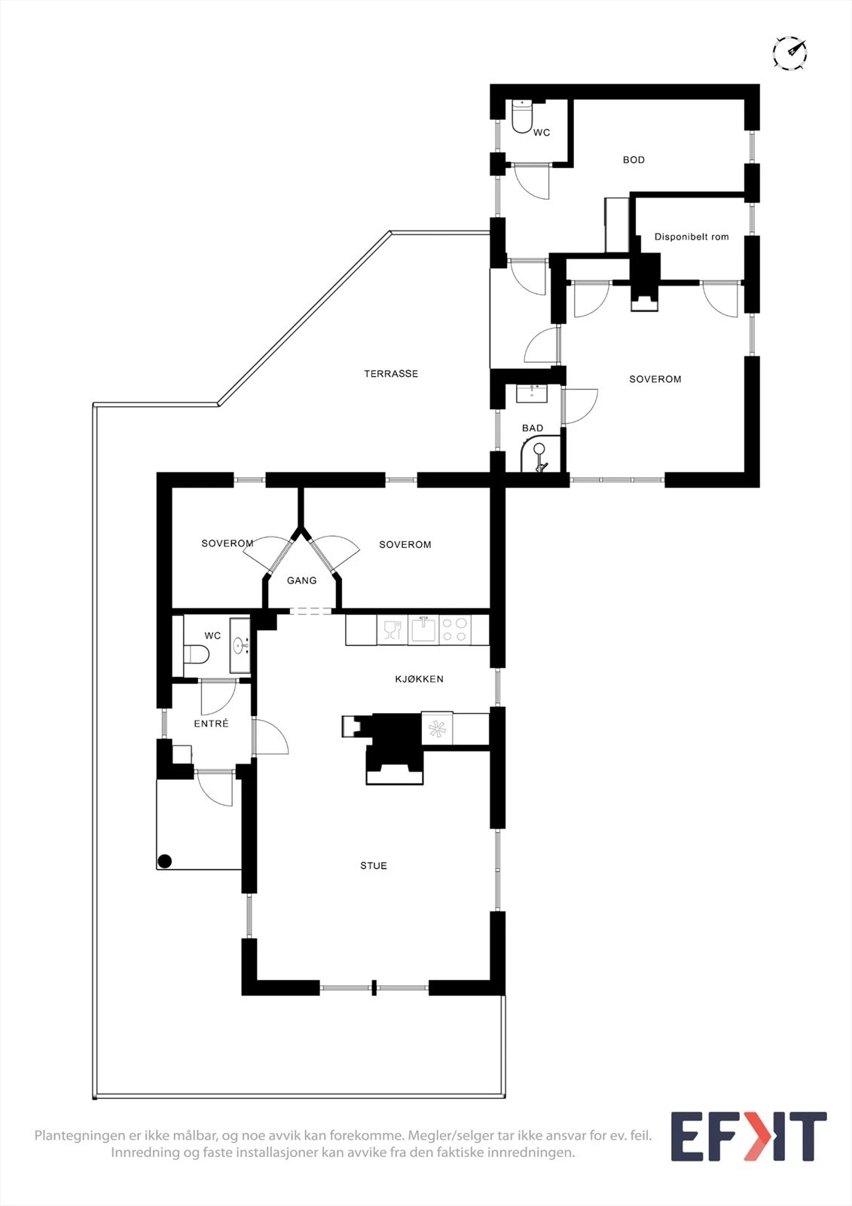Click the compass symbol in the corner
coord(789,53)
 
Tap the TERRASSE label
coord(390,374)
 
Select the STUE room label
coord(373,866)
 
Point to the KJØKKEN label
coord(419,679)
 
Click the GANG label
coord(301,580)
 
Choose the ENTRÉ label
coord(211,724)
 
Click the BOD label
coord(634,160)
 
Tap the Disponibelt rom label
coord(691,237)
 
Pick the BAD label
coord(533,428)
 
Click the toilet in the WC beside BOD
coord(522,117)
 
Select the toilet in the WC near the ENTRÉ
coord(196,654)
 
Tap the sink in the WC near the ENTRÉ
coord(240,645)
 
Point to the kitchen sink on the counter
coord(423,630)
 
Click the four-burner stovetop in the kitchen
coord(455,630)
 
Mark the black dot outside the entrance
coord(165,861)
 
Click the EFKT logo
coord(748,1137)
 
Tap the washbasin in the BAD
coord(532,393)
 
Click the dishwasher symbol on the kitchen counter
coord(392,630)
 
